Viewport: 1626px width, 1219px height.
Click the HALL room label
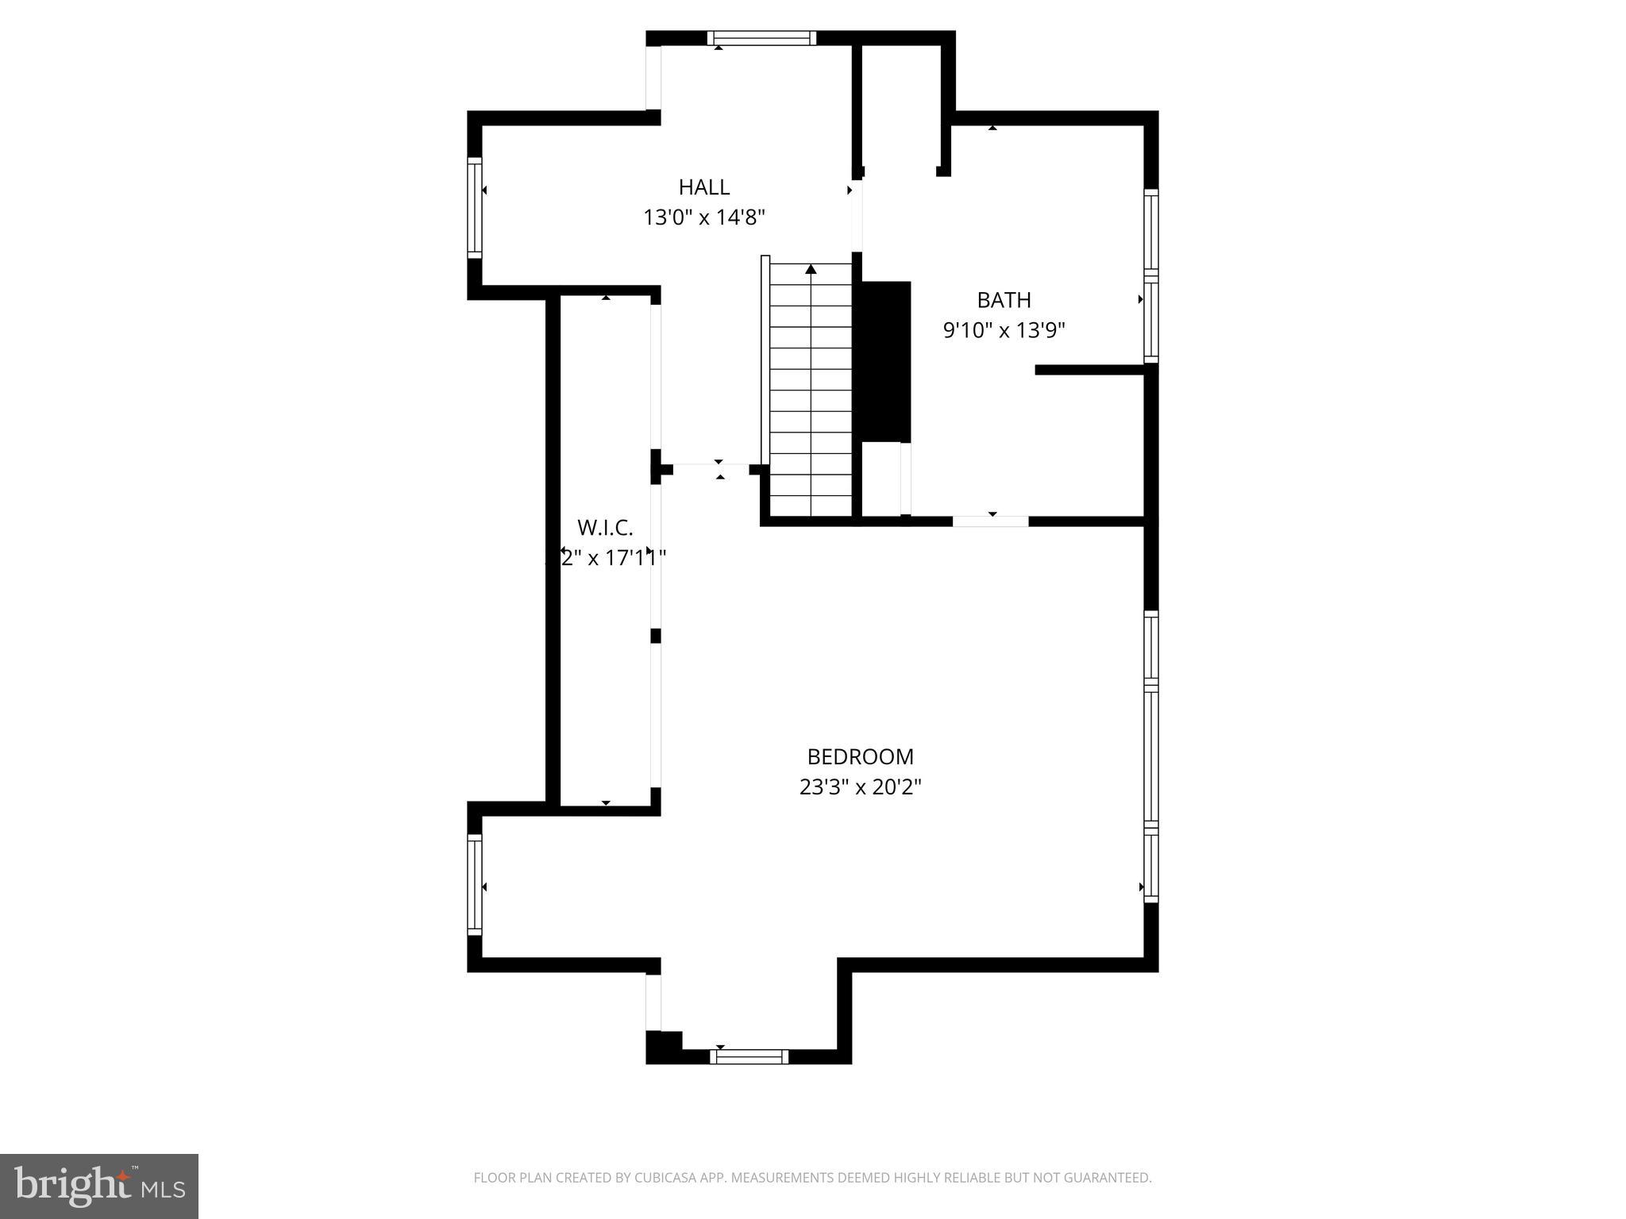pos(703,187)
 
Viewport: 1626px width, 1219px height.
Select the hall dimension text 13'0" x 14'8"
pos(703,217)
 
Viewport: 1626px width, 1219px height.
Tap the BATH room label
pos(1004,300)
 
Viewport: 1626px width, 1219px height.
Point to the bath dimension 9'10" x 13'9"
pos(1004,330)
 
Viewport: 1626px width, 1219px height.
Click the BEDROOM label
pos(860,756)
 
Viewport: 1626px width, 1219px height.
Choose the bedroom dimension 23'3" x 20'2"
pos(860,787)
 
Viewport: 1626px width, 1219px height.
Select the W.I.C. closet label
pos(605,528)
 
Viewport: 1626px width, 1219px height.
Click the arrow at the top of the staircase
pos(811,270)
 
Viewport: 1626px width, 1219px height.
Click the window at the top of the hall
pos(761,38)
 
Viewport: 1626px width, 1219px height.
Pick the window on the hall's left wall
pos(474,207)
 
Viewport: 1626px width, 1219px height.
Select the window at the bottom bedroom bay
pos(749,1056)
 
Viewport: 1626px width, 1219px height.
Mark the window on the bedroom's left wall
pos(474,885)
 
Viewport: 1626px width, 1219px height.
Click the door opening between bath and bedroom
pos(990,521)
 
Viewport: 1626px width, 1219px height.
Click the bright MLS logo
pos(98,1186)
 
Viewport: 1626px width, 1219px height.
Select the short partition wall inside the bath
pos(1089,370)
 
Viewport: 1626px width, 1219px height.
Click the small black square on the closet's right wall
pos(656,636)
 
